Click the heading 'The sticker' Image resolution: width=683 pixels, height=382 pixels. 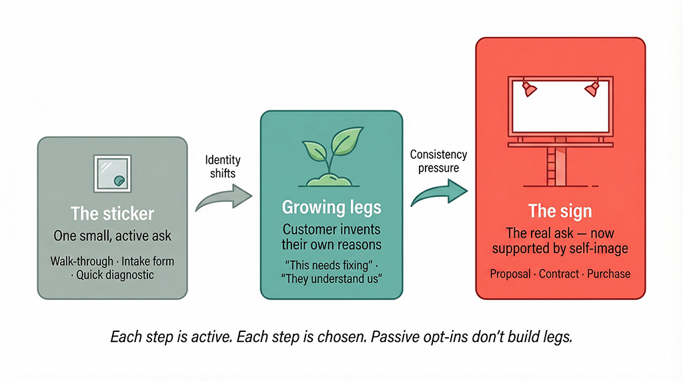point(112,214)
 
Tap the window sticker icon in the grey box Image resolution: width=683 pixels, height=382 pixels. point(112,172)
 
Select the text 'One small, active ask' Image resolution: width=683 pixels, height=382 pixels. point(112,236)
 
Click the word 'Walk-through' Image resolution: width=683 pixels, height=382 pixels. point(81,260)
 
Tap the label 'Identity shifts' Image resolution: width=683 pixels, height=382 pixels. point(223,168)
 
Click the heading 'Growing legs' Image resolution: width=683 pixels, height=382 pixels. point(331,207)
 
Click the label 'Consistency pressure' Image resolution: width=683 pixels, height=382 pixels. point(438,161)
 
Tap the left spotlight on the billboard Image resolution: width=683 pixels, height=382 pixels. point(529,88)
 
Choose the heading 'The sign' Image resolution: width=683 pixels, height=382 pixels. point(560,211)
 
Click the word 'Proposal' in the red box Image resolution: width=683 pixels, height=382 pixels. point(510,274)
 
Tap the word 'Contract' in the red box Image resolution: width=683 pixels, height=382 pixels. point(559,274)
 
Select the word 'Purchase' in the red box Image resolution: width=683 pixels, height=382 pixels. point(608,274)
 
